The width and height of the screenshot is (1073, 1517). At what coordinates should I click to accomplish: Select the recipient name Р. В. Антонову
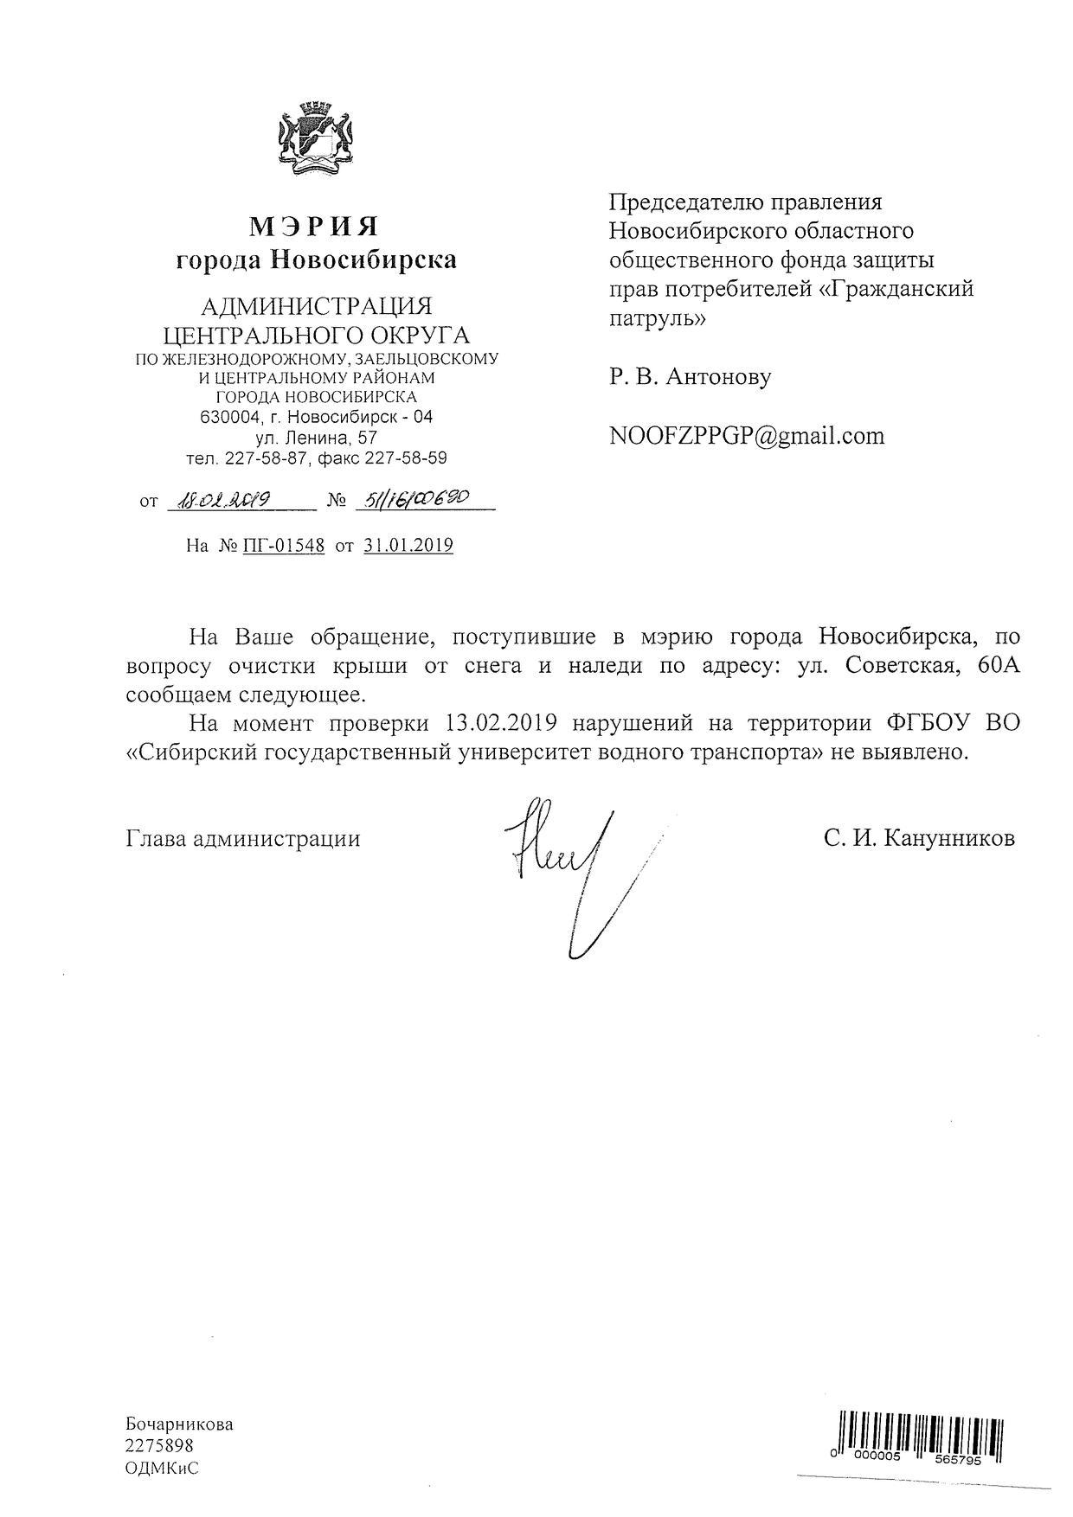click(690, 377)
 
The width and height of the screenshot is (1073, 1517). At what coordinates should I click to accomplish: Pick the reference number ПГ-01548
click(283, 546)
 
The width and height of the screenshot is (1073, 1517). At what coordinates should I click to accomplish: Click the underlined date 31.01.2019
click(408, 546)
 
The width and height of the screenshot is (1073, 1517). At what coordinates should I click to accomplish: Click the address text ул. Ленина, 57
click(317, 438)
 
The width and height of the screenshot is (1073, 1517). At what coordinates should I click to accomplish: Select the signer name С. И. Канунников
click(920, 838)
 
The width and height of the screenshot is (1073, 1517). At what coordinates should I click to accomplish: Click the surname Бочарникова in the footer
click(180, 1424)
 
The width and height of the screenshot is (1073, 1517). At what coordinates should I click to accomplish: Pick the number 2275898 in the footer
click(160, 1446)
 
